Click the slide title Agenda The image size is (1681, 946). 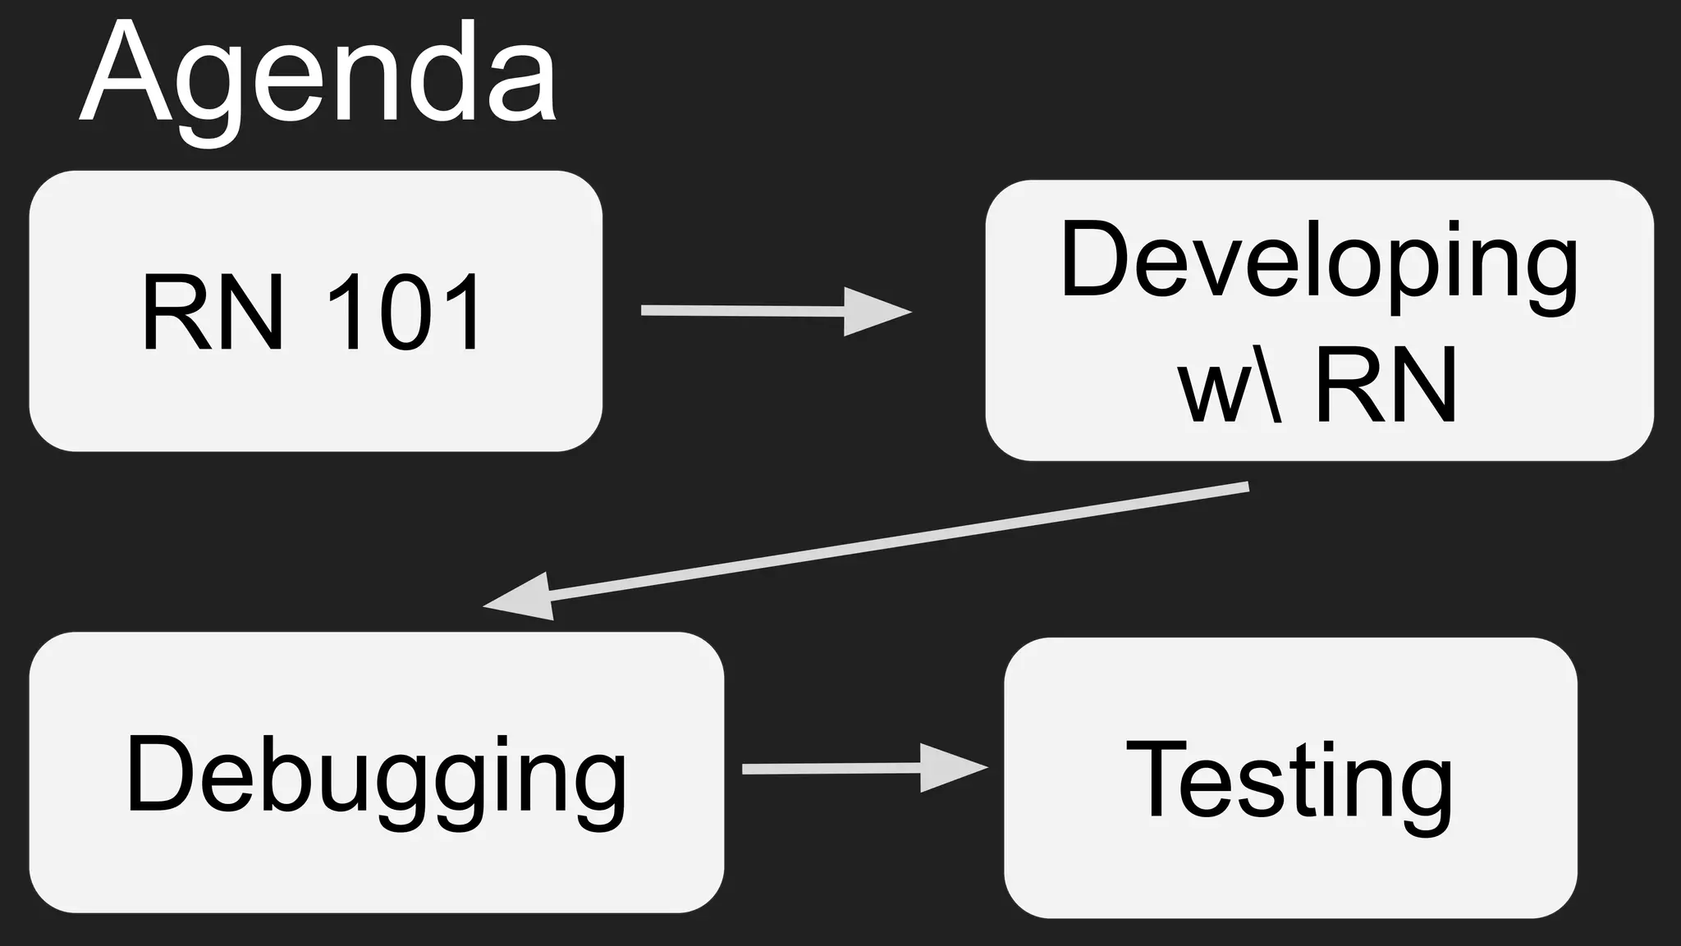click(x=318, y=78)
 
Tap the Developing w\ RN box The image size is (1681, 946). click(x=1319, y=320)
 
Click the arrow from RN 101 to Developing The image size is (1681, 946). click(x=772, y=311)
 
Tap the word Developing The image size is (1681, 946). click(x=1319, y=261)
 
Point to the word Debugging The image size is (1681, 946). click(x=376, y=775)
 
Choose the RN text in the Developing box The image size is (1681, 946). click(x=1386, y=384)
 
